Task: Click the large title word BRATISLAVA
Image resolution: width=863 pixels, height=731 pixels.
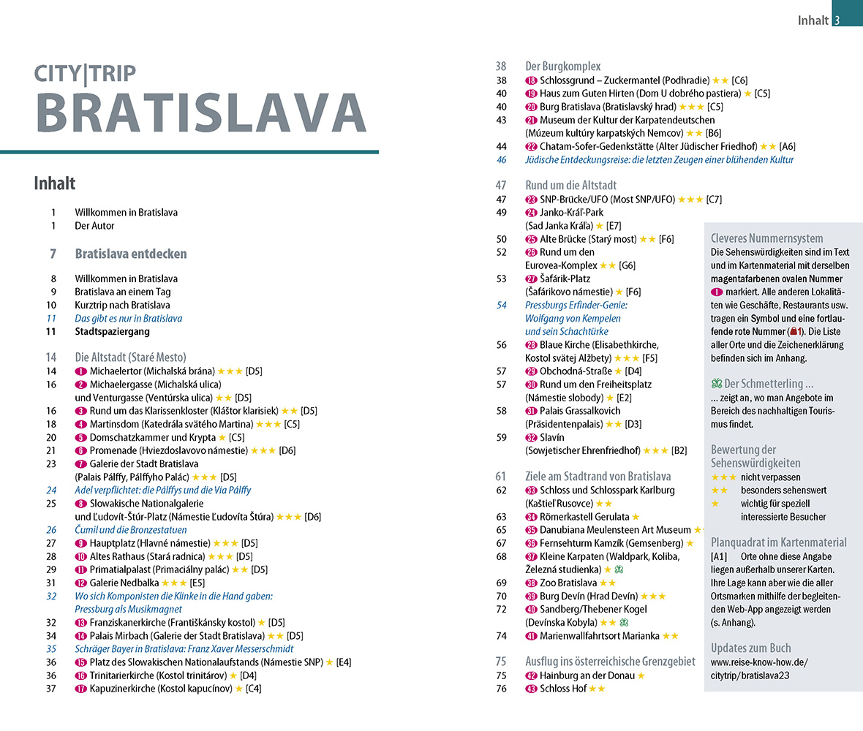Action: click(200, 113)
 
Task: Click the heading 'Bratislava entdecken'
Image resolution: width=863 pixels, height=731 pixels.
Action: click(131, 254)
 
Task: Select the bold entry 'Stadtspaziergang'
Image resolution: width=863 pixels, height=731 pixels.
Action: click(112, 331)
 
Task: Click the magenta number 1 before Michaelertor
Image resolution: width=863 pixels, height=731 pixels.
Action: click(80, 371)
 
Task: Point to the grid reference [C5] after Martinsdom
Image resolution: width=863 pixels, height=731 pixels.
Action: click(293, 424)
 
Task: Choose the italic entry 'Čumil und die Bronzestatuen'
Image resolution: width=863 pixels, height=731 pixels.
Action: click(131, 529)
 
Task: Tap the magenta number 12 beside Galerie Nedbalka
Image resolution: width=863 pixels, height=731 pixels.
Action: click(80, 583)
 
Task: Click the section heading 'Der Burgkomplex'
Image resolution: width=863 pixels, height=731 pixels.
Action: click(562, 67)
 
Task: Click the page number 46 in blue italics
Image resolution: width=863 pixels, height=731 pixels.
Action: click(501, 159)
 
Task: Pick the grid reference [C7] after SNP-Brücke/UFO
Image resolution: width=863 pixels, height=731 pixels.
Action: click(714, 199)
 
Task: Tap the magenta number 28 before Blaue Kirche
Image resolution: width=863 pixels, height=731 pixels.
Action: click(531, 345)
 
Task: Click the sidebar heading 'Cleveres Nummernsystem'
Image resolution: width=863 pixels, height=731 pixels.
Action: click(766, 238)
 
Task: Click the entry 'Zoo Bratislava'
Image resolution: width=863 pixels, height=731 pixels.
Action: click(568, 583)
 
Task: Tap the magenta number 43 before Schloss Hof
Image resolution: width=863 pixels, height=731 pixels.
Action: click(531, 688)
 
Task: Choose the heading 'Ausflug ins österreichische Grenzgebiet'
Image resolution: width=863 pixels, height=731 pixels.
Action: click(610, 661)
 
